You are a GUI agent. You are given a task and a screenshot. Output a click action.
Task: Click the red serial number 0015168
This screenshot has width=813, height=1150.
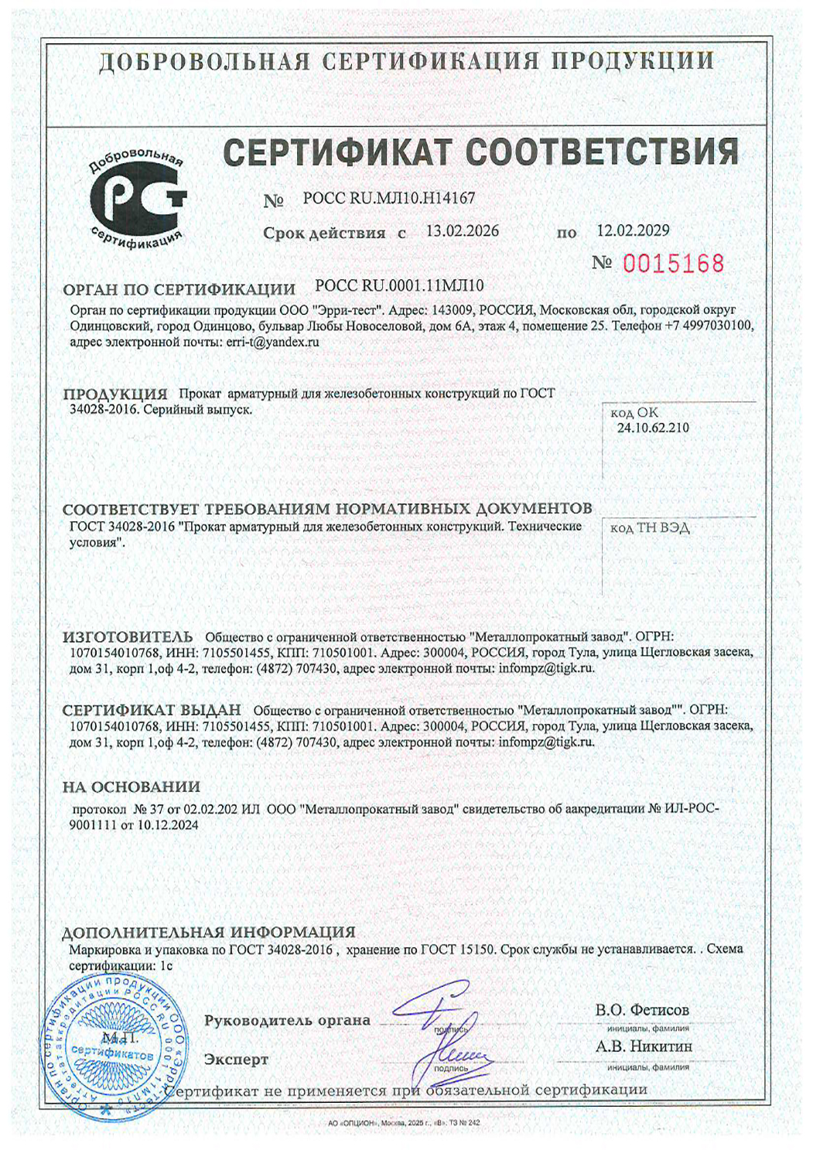[x=673, y=264]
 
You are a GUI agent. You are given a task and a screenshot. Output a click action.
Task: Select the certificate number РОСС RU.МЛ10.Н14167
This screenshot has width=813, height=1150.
[x=389, y=199]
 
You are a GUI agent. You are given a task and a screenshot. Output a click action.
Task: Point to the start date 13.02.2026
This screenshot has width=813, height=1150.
[x=463, y=231]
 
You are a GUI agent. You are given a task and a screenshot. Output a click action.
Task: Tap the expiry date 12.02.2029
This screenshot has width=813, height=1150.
[x=633, y=230]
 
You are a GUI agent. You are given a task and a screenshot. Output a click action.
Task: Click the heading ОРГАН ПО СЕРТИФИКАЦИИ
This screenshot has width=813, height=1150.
[x=179, y=289]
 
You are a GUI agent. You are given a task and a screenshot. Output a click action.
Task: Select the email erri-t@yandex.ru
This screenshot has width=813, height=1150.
[x=272, y=342]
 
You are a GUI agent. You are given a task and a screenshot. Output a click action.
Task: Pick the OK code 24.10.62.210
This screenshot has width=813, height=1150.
[x=652, y=428]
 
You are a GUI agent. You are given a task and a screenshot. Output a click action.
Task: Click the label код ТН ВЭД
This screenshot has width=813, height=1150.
[x=650, y=528]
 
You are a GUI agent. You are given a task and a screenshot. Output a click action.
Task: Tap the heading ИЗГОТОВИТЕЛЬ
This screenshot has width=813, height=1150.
[x=128, y=637]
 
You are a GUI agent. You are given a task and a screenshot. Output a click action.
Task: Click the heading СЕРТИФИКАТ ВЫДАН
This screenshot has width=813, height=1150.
[x=152, y=710]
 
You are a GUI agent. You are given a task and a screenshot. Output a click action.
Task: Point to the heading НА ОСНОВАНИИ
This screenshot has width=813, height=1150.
[x=131, y=787]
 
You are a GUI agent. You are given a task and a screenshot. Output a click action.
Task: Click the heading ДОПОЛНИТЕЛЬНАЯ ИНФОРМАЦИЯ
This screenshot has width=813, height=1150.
[x=208, y=932]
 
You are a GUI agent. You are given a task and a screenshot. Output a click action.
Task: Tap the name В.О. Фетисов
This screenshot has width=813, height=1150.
[x=642, y=1010]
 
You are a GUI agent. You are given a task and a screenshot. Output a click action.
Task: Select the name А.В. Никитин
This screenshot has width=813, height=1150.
[x=644, y=1047]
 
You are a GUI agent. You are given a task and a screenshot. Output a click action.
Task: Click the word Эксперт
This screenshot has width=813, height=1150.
[x=236, y=1060]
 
